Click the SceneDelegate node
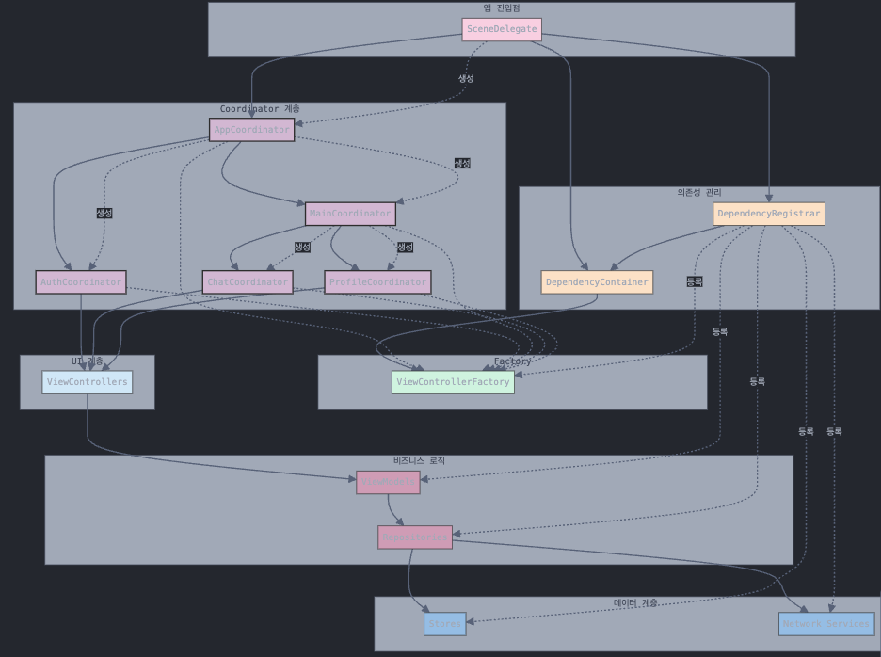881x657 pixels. [502, 29]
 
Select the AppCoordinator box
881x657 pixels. [251, 130]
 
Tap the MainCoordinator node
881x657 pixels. [350, 214]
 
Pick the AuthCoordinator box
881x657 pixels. [81, 281]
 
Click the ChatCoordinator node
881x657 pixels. [248, 281]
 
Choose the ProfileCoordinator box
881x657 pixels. [377, 281]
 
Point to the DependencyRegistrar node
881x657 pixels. [768, 214]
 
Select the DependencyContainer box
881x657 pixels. [597, 282]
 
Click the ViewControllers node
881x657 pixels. [87, 382]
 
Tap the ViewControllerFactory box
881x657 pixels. [453, 382]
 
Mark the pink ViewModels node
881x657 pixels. [388, 482]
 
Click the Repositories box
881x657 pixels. [415, 537]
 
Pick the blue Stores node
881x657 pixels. [444, 623]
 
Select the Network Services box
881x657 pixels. [826, 623]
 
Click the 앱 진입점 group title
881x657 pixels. [502, 8]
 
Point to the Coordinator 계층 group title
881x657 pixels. [260, 109]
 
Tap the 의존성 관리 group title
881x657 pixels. [698, 193]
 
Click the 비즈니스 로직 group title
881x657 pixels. [419, 461]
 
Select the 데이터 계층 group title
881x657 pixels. [636, 602]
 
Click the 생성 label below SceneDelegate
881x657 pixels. [466, 78]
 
